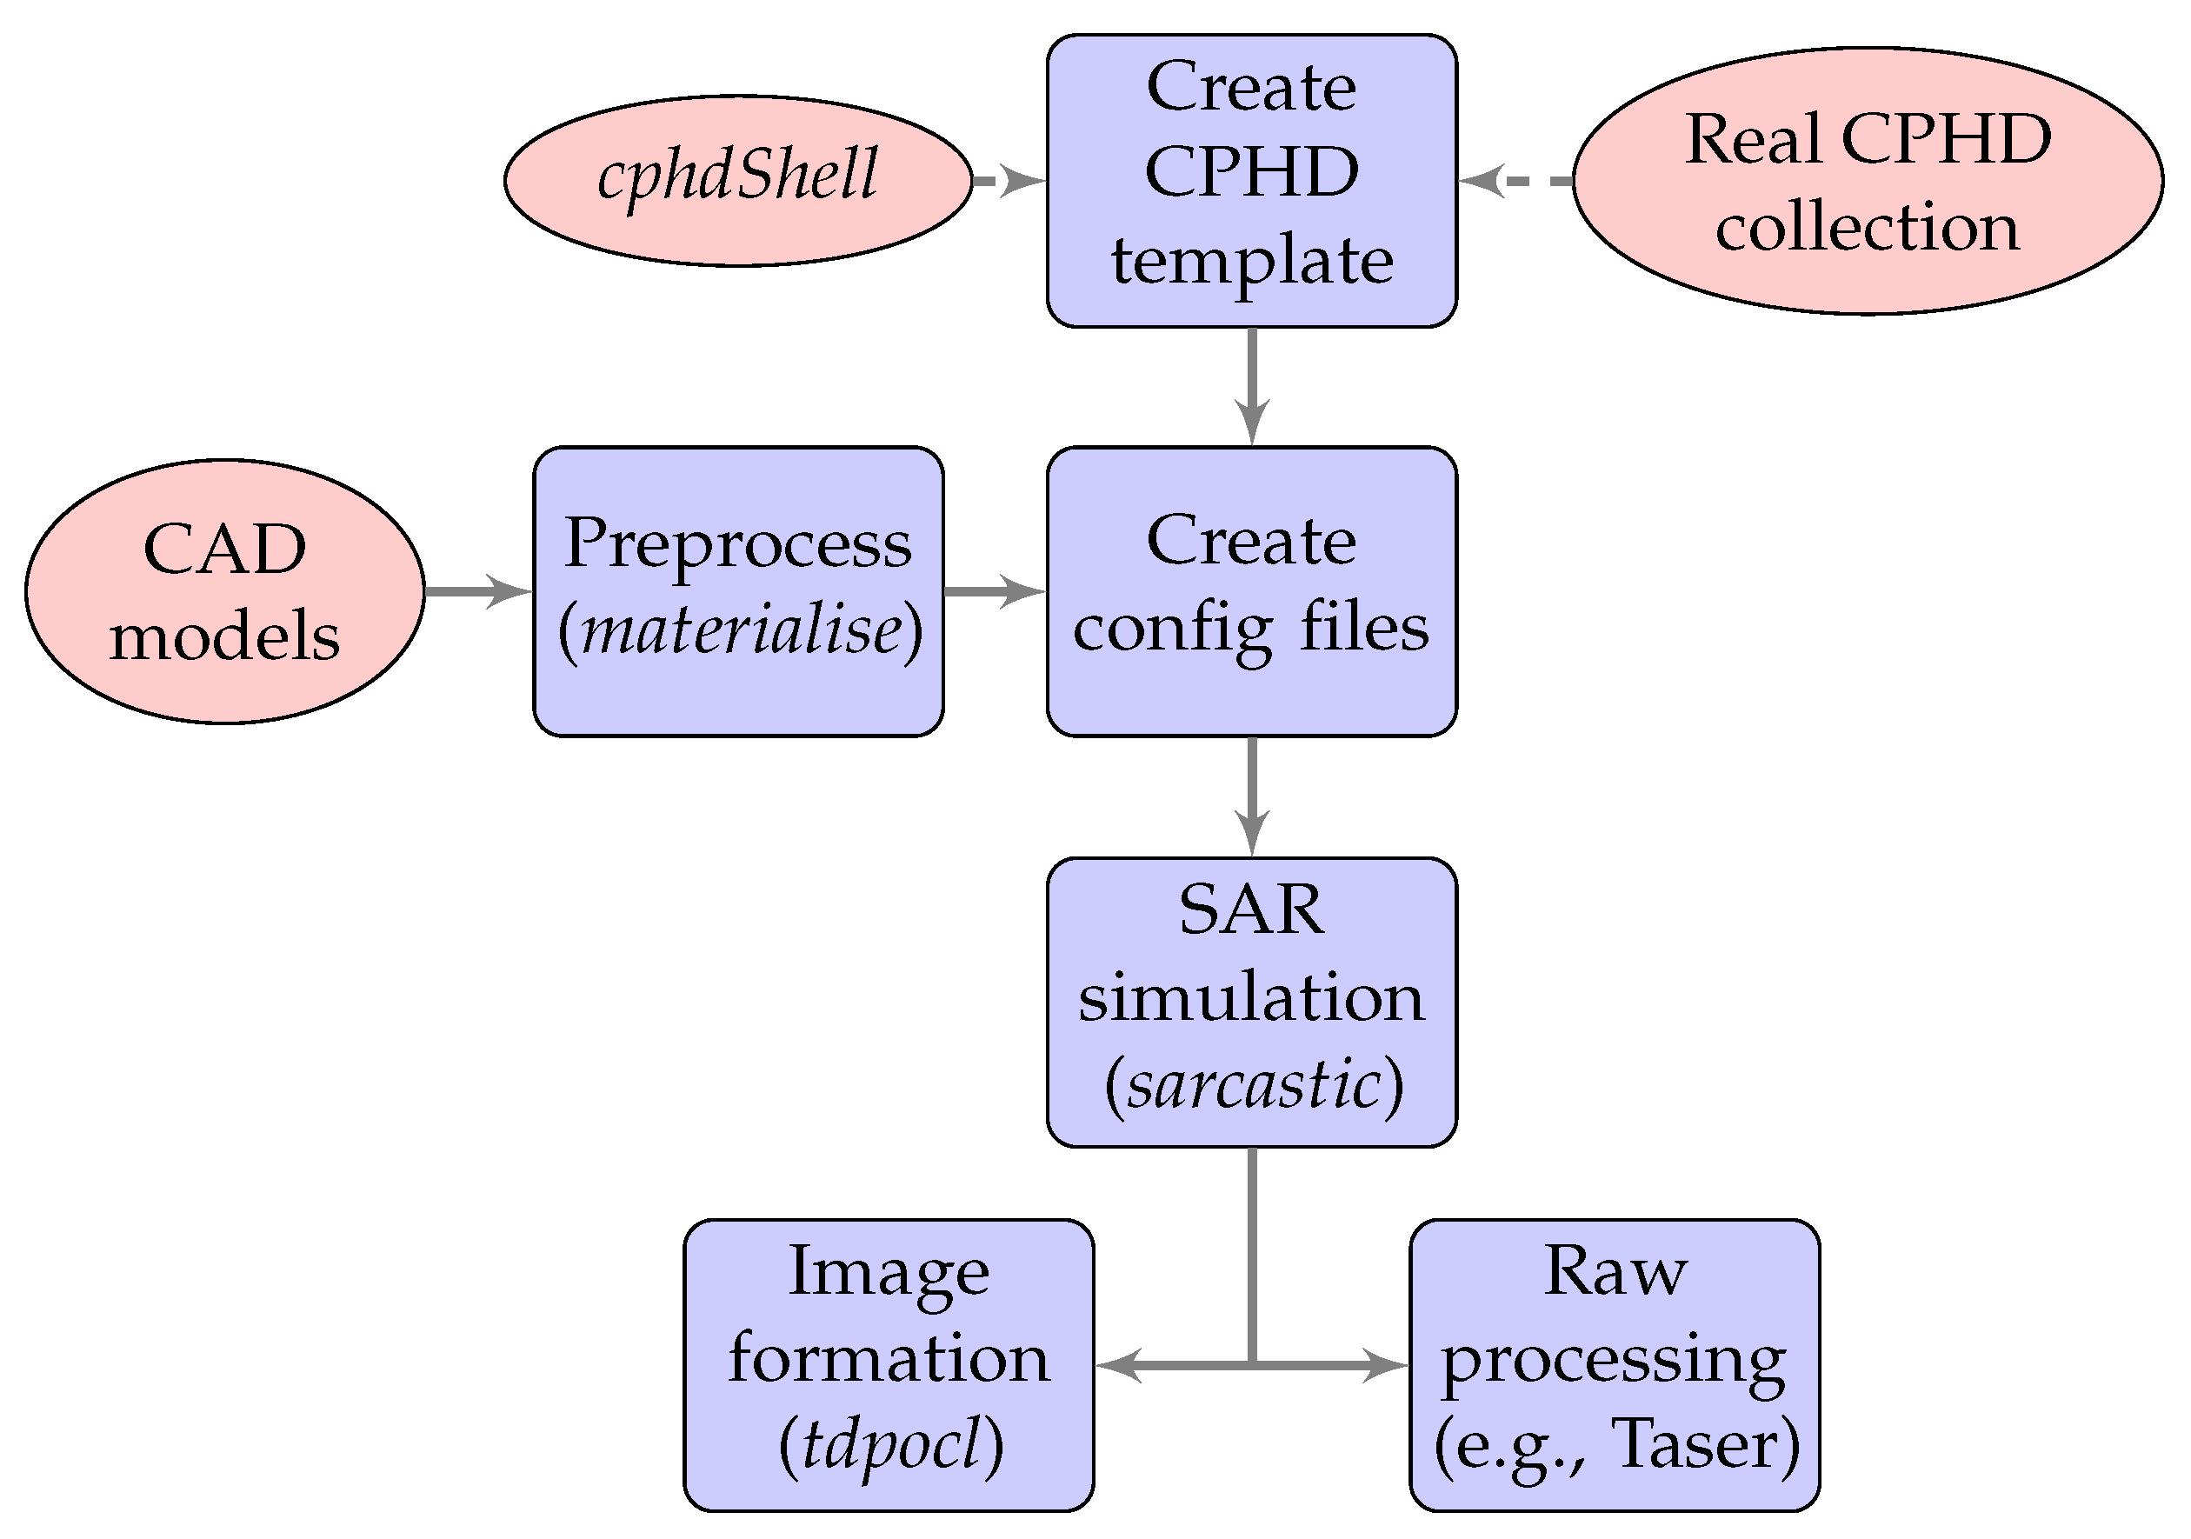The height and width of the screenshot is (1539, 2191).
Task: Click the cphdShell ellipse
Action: tap(736, 179)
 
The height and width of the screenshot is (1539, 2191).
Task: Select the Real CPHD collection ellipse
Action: tap(1867, 180)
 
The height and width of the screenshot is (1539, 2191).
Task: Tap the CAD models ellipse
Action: tap(224, 591)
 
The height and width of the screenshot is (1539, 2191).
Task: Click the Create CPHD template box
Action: tap(1251, 180)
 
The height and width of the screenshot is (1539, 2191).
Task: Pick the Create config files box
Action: tap(1251, 591)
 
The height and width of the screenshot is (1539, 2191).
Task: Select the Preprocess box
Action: tap(737, 591)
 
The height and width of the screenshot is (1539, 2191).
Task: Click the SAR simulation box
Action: tap(1251, 1002)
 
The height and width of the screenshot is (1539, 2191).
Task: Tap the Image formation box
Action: tap(888, 1365)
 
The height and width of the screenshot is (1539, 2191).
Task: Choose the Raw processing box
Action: tap(1614, 1365)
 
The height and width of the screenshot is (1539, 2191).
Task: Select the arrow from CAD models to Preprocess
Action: tap(477, 591)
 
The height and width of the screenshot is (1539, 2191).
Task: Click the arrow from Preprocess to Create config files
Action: tap(995, 591)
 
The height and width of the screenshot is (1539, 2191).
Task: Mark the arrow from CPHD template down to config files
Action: tap(1251, 386)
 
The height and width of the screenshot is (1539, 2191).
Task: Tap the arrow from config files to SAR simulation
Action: tap(1251, 796)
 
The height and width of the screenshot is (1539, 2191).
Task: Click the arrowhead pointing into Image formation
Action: tap(1116, 1365)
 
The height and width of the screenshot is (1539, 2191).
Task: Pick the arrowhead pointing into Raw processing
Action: tap(1386, 1365)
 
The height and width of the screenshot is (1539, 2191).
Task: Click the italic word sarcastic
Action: tap(1253, 1086)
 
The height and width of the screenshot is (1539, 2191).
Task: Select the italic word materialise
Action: tap(742, 630)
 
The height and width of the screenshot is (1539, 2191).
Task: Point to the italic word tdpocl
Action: tap(890, 1443)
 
